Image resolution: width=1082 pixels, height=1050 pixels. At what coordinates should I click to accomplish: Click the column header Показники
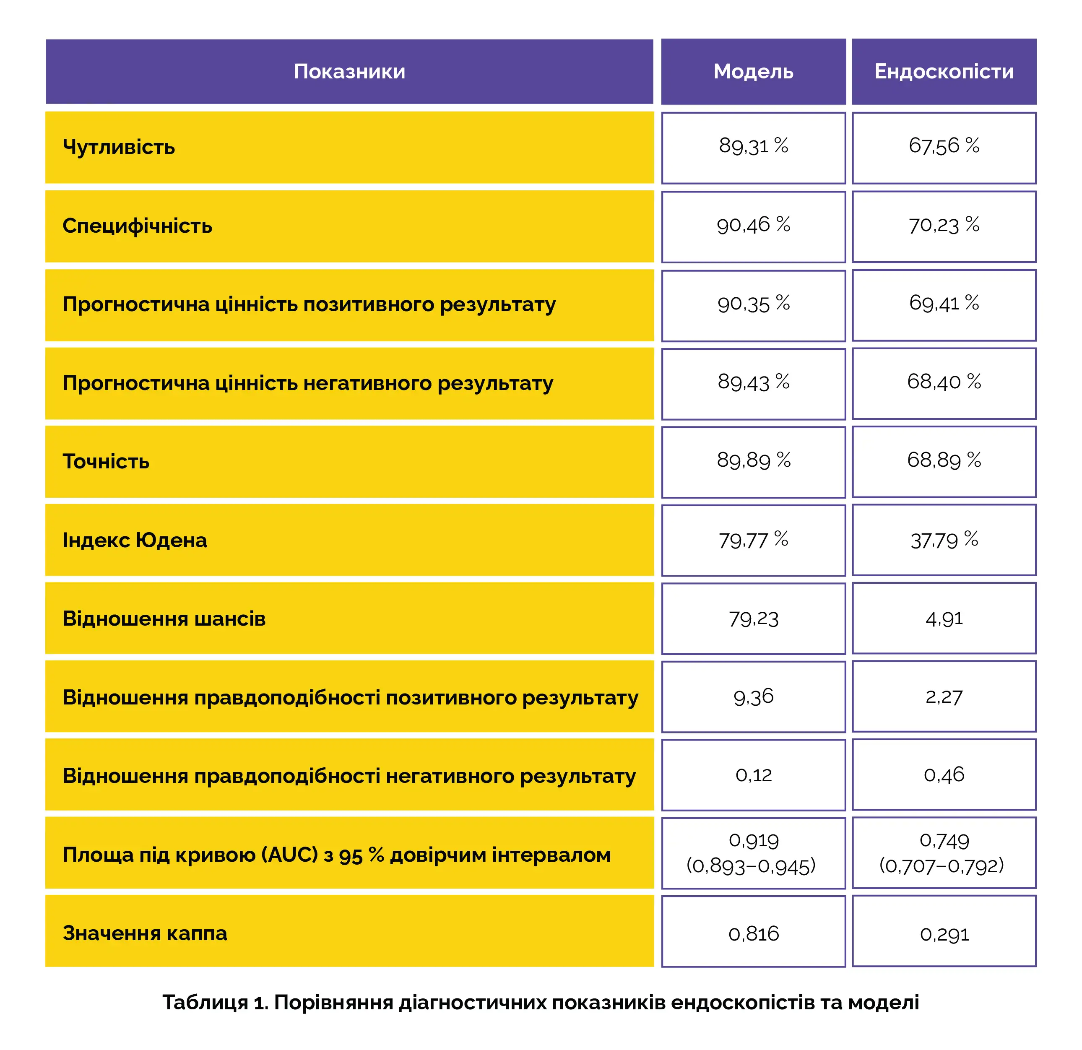349,72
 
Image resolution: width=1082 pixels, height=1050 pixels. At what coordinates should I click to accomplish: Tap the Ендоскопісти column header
944,72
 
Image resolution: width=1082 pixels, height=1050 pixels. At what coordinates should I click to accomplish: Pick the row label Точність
106,462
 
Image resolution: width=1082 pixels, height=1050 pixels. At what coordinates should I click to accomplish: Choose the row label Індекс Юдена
135,541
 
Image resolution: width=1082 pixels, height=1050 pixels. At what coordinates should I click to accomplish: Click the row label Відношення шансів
164,619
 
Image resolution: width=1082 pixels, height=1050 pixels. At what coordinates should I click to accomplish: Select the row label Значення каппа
145,933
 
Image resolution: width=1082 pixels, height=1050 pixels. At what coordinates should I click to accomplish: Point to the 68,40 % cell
944,382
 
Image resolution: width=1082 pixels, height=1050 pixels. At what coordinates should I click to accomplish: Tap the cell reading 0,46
944,775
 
